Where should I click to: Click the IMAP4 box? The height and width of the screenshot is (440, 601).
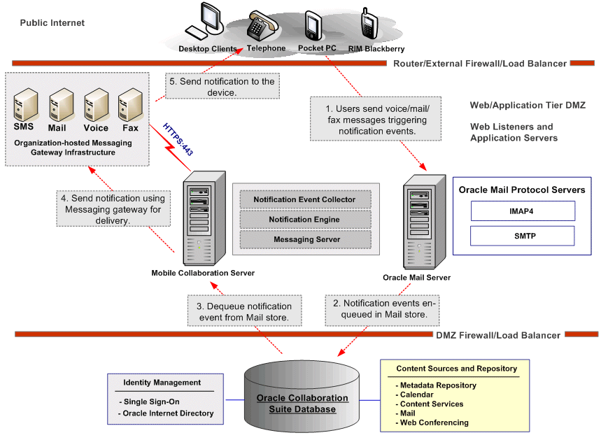523,211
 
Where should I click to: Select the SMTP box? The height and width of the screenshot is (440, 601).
523,236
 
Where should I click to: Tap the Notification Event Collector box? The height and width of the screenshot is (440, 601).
304,199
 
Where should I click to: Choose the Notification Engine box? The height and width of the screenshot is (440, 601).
304,220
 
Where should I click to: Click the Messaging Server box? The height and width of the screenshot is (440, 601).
304,239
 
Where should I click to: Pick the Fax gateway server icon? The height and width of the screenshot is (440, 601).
129,105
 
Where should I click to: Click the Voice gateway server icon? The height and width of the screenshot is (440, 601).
96,105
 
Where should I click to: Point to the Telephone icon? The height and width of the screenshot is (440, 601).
263,25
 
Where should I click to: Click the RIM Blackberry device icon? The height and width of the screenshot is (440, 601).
369,26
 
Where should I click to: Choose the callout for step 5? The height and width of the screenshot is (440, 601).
222,87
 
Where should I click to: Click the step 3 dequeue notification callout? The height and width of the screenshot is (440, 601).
244,311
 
